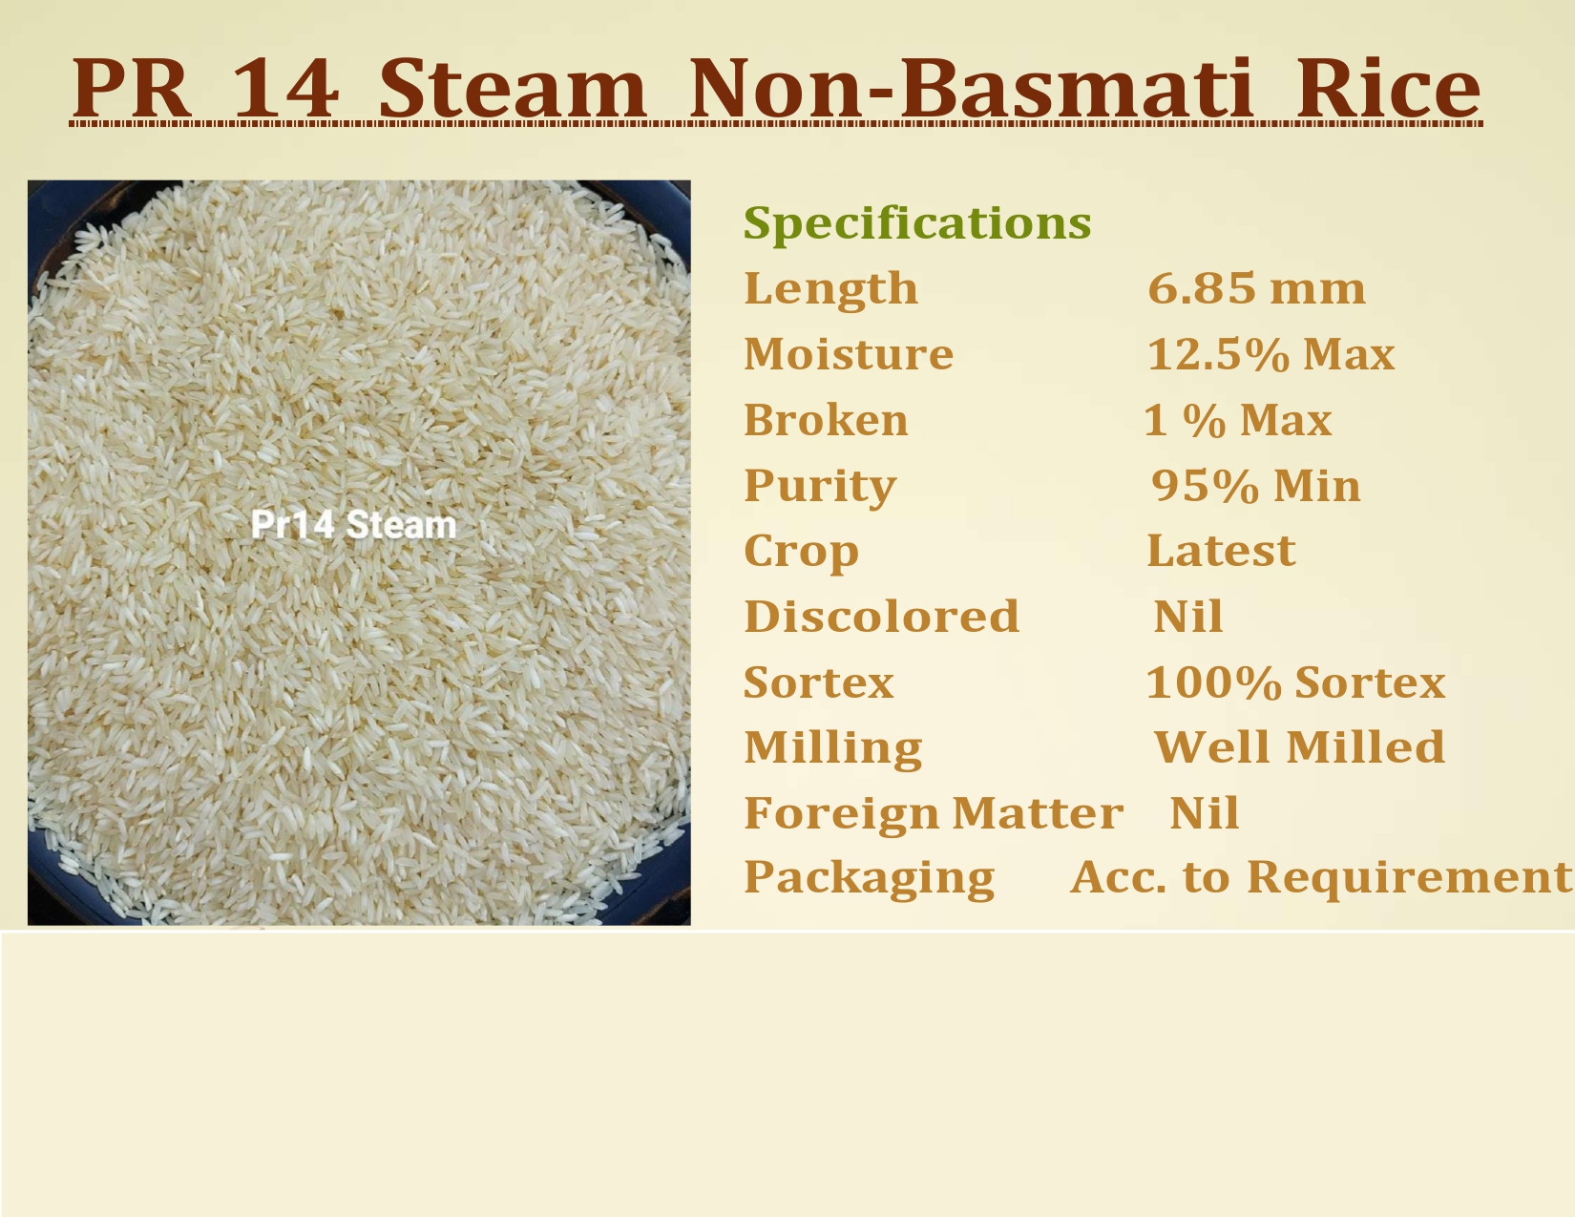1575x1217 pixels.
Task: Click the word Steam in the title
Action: click(512, 88)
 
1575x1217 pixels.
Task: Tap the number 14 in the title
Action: click(284, 89)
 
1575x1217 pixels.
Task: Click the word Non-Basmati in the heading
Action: click(971, 88)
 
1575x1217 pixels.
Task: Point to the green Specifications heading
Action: click(917, 222)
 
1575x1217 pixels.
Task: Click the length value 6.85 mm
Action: click(1256, 287)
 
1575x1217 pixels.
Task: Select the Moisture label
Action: click(848, 354)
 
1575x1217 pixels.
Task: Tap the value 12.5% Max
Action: click(1270, 354)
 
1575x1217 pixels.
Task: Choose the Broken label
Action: click(826, 420)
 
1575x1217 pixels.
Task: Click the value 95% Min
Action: click(1255, 485)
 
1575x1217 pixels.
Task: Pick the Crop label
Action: click(801, 552)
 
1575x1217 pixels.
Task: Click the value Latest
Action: click(1221, 551)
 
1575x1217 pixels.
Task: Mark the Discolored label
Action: click(881, 616)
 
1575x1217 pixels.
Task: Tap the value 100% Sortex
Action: click(1295, 682)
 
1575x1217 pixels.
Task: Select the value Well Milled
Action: click(1299, 747)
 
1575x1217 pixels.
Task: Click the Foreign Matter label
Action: click(934, 813)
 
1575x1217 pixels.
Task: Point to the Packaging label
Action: click(869, 878)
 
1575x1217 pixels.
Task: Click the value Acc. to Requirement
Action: click(1321, 878)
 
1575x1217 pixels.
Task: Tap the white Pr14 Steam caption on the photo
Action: click(354, 524)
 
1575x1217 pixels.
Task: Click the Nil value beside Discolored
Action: click(1187, 616)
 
